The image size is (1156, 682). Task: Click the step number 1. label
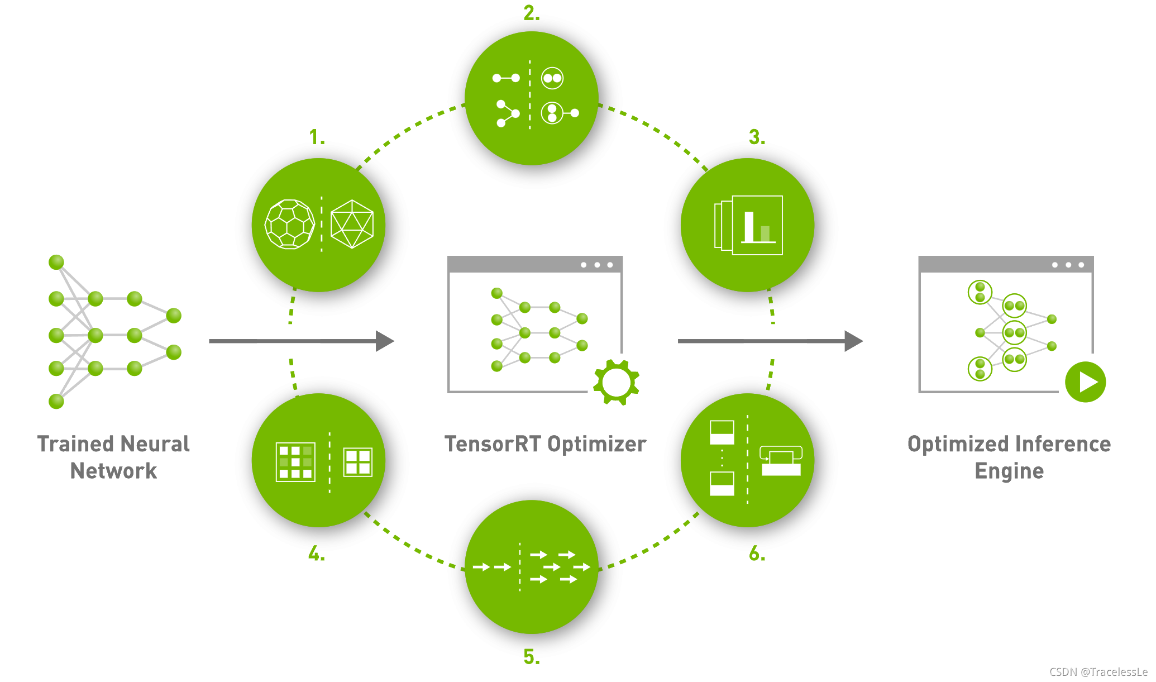(317, 137)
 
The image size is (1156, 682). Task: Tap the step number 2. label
(531, 13)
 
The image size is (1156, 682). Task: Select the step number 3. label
(757, 137)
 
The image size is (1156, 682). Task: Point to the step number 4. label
(316, 554)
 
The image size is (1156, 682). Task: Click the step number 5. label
(531, 657)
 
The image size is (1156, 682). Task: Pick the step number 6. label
(757, 554)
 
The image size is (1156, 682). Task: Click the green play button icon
(1085, 382)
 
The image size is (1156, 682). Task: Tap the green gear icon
(616, 382)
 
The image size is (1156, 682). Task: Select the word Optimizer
(596, 444)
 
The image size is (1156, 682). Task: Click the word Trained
(74, 444)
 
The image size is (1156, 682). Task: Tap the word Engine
(1009, 471)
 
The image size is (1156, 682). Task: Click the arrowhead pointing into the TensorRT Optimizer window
(384, 341)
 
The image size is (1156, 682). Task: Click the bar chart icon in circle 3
(757, 226)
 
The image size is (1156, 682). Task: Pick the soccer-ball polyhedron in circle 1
(289, 225)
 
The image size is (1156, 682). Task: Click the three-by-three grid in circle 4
(295, 462)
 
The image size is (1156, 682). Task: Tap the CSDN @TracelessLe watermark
(1098, 672)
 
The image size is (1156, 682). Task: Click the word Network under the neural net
(113, 471)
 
